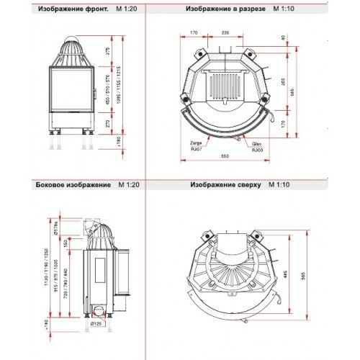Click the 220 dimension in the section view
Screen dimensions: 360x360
(x=225, y=32)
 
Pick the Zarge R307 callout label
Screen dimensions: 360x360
(x=196, y=146)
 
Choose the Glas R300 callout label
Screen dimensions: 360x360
(x=257, y=146)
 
